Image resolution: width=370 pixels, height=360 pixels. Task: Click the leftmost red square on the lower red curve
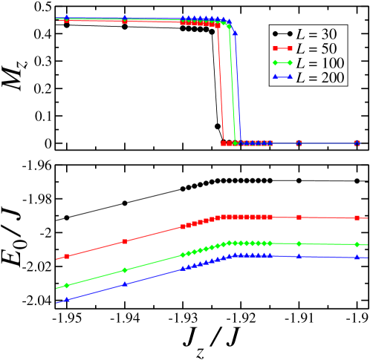[x=67, y=256]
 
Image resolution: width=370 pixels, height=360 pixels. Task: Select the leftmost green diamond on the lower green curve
[x=67, y=285]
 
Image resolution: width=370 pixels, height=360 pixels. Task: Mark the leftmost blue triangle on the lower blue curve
[x=67, y=299]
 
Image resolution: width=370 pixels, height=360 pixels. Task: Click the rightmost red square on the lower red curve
[x=357, y=218]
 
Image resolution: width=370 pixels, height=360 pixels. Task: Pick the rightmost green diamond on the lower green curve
[x=357, y=244]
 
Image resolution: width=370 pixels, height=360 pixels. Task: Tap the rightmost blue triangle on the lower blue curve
[x=357, y=257]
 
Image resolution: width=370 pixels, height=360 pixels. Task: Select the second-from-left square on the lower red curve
[x=125, y=241]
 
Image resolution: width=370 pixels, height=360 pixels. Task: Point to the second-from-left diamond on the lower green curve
[x=125, y=270]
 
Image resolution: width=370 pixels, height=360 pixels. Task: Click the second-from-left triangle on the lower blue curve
[x=125, y=283]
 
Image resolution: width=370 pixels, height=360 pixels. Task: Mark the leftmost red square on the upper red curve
[x=67, y=21]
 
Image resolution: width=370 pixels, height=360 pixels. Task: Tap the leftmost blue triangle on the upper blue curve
[x=67, y=17]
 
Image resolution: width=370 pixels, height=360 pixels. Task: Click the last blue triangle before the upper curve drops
[x=235, y=33]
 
